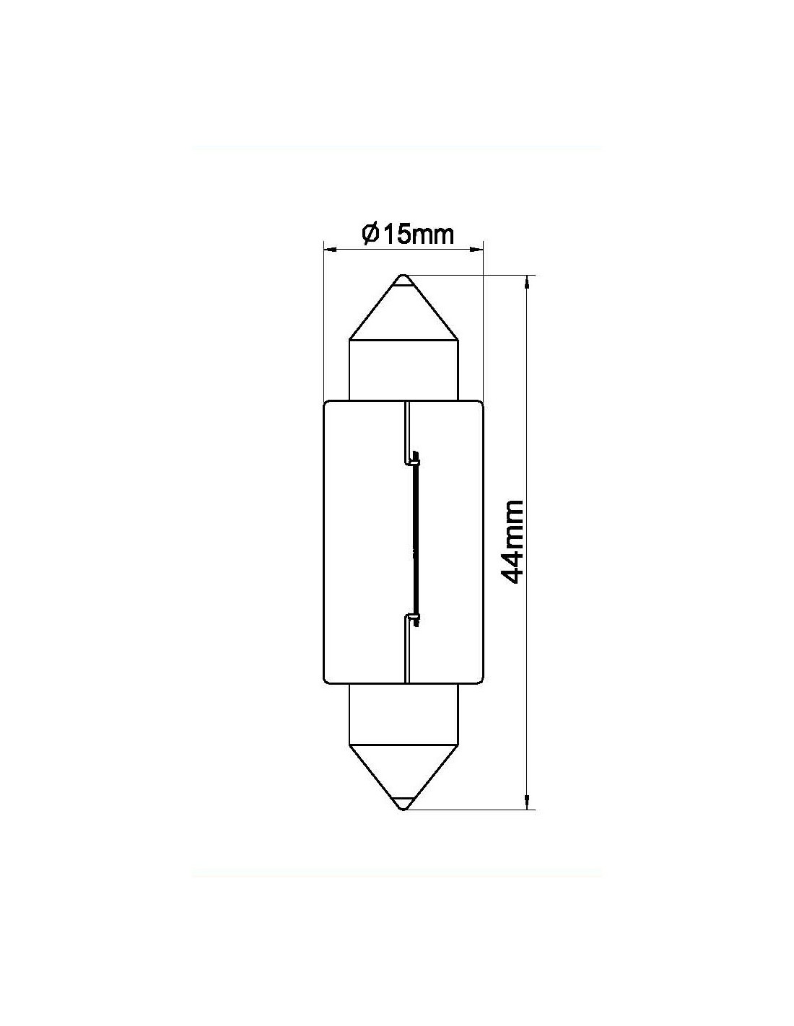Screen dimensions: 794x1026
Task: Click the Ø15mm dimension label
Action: [407, 234]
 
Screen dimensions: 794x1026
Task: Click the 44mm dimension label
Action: [512, 541]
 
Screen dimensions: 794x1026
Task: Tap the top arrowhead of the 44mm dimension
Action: [527, 281]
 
